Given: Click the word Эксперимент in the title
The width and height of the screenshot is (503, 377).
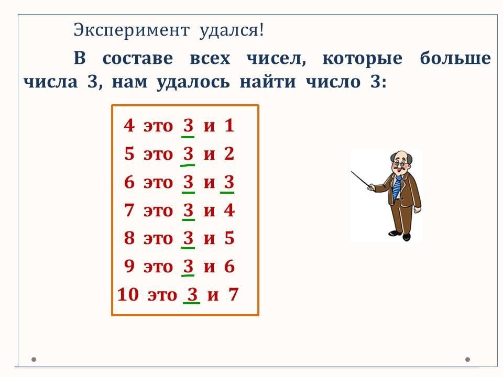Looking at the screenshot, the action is [x=132, y=31].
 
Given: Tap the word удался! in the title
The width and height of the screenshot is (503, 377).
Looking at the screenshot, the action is [x=231, y=31].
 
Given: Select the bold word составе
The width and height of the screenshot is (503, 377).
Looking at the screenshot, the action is [x=138, y=59].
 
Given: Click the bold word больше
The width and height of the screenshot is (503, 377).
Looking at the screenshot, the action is [x=455, y=58].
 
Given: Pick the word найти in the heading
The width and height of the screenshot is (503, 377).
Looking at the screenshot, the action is [x=268, y=82].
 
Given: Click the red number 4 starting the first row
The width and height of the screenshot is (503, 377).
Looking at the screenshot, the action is [x=129, y=125].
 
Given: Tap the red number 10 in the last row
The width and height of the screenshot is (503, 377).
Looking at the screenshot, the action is [x=128, y=294].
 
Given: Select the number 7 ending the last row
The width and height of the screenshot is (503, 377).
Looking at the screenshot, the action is [x=234, y=294].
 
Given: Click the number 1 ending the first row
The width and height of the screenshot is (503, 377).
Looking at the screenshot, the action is [x=229, y=125].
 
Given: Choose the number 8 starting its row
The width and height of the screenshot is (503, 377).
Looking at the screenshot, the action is [x=129, y=238].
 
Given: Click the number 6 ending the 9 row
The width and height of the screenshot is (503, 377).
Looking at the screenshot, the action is [x=229, y=267].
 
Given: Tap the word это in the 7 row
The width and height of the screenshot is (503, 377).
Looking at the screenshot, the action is [x=158, y=211].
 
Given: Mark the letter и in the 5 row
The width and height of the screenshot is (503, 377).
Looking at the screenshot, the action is [x=209, y=154].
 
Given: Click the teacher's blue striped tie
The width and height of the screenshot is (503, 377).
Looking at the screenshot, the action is [x=397, y=188].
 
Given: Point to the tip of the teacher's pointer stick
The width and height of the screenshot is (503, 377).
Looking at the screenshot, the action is [x=352, y=172].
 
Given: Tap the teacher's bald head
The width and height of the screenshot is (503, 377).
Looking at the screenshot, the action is [x=400, y=156].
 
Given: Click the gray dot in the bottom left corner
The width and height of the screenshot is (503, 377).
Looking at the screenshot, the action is [x=34, y=359].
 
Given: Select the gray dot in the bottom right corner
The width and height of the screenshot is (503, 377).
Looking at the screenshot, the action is [x=467, y=359].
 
